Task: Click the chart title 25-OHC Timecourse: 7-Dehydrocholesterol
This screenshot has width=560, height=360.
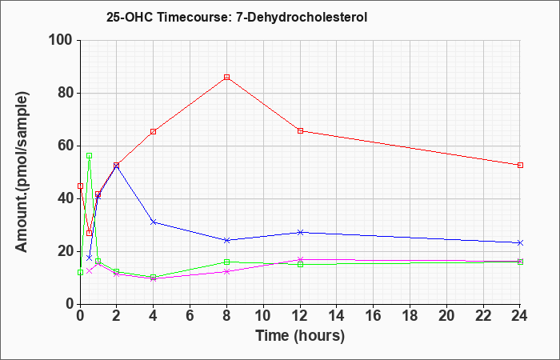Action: pyautogui.click(x=237, y=17)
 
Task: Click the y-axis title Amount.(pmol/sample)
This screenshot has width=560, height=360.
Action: pyautogui.click(x=22, y=172)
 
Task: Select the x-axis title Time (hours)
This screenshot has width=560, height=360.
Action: pyautogui.click(x=300, y=336)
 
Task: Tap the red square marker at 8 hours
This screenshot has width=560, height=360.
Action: pyautogui.click(x=226, y=77)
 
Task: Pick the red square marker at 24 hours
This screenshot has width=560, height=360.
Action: pyautogui.click(x=520, y=165)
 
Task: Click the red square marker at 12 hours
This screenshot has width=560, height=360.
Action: pyautogui.click(x=300, y=130)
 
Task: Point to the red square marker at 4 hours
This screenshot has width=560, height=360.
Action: pyautogui.click(x=154, y=131)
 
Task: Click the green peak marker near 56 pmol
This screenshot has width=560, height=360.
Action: pyautogui.click(x=90, y=156)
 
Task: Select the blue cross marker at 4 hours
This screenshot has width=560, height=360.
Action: pyautogui.click(x=154, y=222)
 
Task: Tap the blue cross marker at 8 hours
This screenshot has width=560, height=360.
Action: pyautogui.click(x=226, y=240)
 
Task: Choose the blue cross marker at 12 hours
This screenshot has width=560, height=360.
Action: pyautogui.click(x=300, y=232)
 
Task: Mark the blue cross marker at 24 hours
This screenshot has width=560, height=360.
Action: pyautogui.click(x=520, y=243)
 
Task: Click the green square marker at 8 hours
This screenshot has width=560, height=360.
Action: pyautogui.click(x=226, y=262)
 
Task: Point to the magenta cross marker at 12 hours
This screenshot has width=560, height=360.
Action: pyautogui.click(x=300, y=260)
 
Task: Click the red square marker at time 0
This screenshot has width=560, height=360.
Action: pyautogui.click(x=80, y=186)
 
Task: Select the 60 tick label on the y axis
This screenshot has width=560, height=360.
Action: pyautogui.click(x=65, y=146)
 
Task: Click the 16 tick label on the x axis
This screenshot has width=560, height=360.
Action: pyautogui.click(x=374, y=316)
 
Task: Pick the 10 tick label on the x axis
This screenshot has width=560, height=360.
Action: pyautogui.click(x=263, y=316)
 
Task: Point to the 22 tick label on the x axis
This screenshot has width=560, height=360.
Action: pyautogui.click(x=483, y=316)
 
